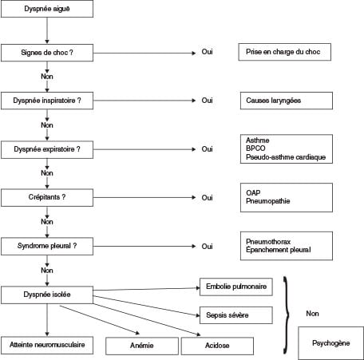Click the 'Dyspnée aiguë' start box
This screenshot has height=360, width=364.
(47, 9)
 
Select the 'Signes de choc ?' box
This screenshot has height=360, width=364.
(47, 53)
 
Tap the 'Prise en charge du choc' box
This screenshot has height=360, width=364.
(285, 52)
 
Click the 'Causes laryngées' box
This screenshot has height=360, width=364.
(287, 101)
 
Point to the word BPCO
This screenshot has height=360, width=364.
(255, 148)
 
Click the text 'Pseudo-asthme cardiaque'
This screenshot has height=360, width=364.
(286, 157)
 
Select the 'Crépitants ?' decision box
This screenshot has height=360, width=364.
(47, 198)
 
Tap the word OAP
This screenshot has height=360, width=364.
(253, 192)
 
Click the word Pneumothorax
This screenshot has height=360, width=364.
(268, 242)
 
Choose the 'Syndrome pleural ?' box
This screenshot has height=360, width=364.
(47, 247)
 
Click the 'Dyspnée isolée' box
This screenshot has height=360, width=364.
(47, 295)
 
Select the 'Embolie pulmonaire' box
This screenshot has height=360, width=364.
(236, 287)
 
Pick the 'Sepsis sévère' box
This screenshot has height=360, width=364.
(236, 315)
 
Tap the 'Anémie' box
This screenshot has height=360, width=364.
(142, 346)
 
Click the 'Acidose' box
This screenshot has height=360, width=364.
(217, 346)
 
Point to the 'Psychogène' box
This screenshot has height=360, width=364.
(330, 343)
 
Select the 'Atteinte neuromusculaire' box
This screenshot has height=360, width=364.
(47, 345)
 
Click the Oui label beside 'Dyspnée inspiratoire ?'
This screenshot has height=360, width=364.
(207, 101)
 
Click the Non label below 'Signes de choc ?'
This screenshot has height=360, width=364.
(47, 77)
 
